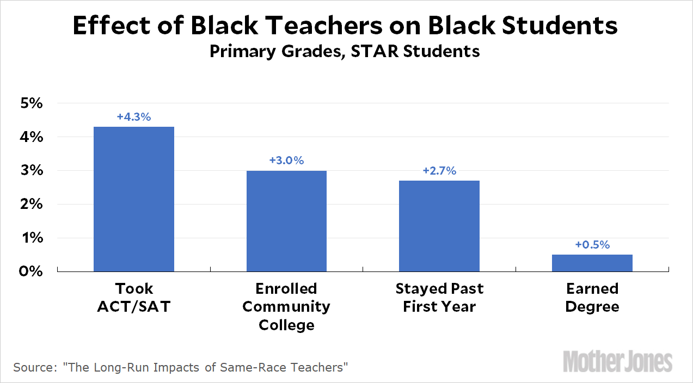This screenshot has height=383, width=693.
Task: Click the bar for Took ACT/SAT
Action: [134, 199]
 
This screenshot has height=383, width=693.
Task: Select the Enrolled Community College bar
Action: [286, 221]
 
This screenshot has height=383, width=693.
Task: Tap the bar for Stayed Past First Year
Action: [439, 226]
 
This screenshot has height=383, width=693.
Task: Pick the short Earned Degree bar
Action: [592, 263]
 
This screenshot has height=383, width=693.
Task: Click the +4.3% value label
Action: [133, 116]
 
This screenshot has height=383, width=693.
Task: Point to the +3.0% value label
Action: [286, 160]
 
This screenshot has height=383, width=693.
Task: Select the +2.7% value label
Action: [439, 171]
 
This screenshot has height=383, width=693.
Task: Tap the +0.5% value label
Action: [592, 245]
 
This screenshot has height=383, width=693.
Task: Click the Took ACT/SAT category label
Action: [134, 297]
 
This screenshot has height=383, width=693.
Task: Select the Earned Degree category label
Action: [592, 297]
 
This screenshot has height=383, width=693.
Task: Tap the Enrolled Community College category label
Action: [286, 306]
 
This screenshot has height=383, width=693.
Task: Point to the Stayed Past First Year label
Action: [439, 297]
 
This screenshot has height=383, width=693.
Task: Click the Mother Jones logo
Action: [618, 361]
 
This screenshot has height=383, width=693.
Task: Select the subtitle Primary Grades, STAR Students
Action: [345, 51]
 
